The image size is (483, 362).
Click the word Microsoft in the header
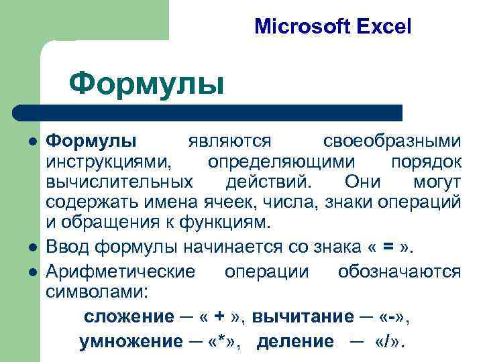pyautogui.click(x=301, y=27)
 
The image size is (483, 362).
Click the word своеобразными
pyautogui.click(x=392, y=142)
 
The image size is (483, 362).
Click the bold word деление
pyautogui.click(x=295, y=341)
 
